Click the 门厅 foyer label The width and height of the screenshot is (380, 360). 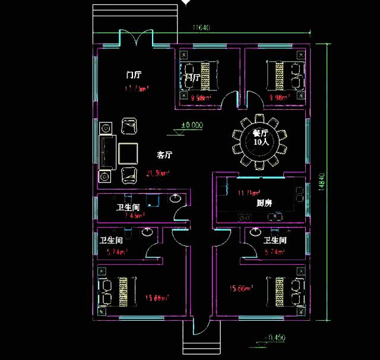(x=134, y=75)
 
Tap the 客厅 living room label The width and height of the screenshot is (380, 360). (x=164, y=155)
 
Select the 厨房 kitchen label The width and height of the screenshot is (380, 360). (x=264, y=203)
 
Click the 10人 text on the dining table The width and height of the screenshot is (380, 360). (x=261, y=143)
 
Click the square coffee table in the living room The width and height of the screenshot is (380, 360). (x=129, y=153)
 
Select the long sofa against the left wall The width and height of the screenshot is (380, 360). (x=107, y=152)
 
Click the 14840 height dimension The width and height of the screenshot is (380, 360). (x=321, y=181)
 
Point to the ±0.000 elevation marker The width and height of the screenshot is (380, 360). (x=192, y=125)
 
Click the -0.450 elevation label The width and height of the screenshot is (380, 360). (x=274, y=337)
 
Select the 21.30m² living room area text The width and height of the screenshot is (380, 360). (x=158, y=173)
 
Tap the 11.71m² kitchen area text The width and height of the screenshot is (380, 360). (x=249, y=193)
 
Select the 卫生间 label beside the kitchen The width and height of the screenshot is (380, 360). (x=275, y=241)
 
